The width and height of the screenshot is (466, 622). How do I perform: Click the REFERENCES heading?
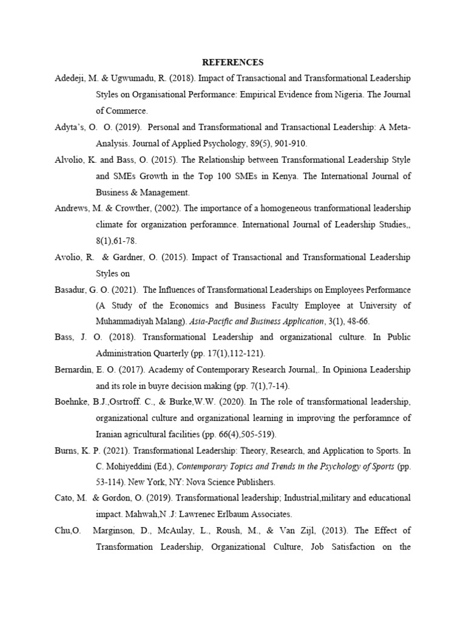click(x=233, y=62)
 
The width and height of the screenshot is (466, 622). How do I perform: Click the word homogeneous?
click(x=265, y=208)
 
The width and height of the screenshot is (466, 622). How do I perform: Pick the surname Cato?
click(x=64, y=498)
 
